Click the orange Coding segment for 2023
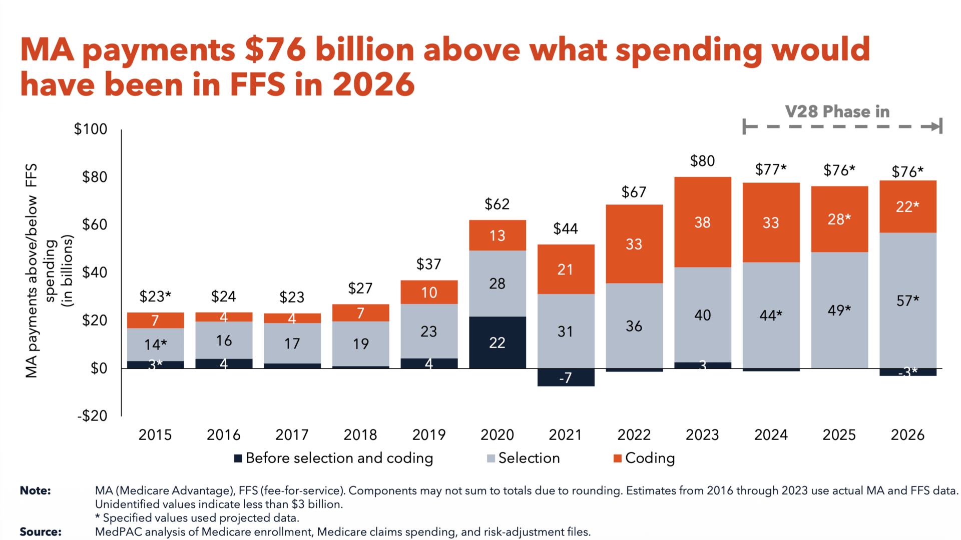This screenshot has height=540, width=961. pyautogui.click(x=702, y=222)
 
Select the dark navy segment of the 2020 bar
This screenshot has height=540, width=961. pyautogui.click(x=497, y=342)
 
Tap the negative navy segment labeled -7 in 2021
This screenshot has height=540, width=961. pyautogui.click(x=566, y=377)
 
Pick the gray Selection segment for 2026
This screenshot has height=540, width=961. pyautogui.click(x=907, y=300)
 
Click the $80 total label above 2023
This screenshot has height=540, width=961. pyautogui.click(x=702, y=161)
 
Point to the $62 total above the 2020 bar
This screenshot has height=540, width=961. pyautogui.click(x=497, y=204)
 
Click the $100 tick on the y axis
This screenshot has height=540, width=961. pyautogui.click(x=91, y=129)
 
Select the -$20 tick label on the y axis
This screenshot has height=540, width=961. pyautogui.click(x=92, y=415)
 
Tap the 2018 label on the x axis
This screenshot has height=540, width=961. pyautogui.click(x=360, y=435)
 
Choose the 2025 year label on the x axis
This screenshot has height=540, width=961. pyautogui.click(x=839, y=435)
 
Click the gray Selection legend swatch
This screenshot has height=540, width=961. pyautogui.click(x=491, y=458)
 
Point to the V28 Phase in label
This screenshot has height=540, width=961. pyautogui.click(x=837, y=111)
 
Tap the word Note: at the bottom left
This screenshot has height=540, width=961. pyautogui.click(x=35, y=490)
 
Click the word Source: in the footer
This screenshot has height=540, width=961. pyautogui.click(x=41, y=531)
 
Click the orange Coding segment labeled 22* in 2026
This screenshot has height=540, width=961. pyautogui.click(x=907, y=206)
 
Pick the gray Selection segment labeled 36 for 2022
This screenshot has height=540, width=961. pyautogui.click(x=634, y=326)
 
